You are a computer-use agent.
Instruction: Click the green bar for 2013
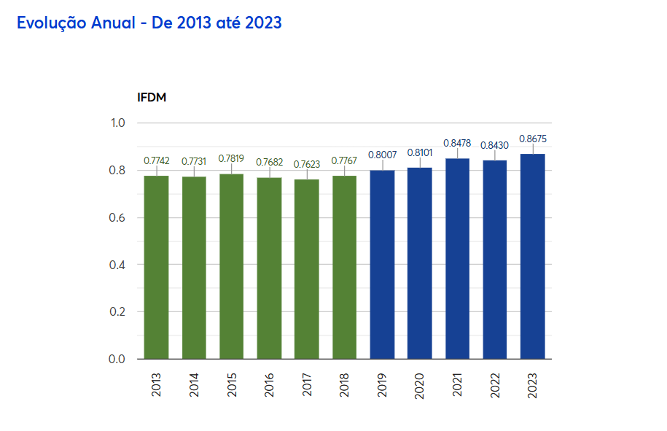(x=157, y=267)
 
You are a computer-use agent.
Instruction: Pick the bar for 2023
(x=533, y=256)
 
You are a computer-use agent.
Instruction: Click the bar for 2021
(x=458, y=258)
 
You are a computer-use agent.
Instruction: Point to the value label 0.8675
(x=533, y=139)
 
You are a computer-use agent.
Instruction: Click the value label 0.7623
(x=307, y=164)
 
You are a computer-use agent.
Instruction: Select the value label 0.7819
(x=232, y=158)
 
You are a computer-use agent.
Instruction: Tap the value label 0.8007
(x=382, y=155)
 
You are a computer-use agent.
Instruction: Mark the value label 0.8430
(x=495, y=145)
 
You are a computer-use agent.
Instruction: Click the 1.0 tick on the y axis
(x=118, y=123)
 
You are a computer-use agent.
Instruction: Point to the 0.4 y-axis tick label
(x=118, y=265)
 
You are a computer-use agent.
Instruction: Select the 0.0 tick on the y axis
(x=118, y=359)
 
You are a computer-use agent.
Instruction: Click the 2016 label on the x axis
(x=270, y=385)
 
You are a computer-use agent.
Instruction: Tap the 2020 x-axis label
(x=420, y=385)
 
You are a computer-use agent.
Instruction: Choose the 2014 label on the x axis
(x=195, y=385)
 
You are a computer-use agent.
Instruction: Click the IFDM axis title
(x=152, y=97)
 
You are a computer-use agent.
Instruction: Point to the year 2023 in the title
(x=263, y=23)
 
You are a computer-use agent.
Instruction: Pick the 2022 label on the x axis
(x=495, y=385)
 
